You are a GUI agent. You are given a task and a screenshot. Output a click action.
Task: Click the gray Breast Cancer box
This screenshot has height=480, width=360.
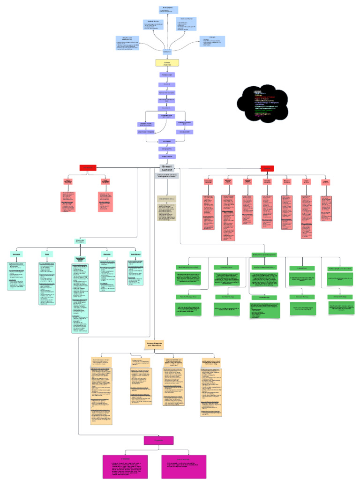coord(167,168)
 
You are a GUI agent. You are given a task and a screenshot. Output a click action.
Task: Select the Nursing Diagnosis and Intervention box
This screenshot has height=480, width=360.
coord(154,345)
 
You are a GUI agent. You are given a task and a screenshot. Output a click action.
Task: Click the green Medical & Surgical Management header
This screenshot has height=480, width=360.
coord(264,255)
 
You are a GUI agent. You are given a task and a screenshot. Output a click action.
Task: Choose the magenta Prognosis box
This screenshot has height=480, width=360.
coord(154,440)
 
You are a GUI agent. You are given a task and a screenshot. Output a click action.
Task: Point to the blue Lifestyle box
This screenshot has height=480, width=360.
coord(212,41)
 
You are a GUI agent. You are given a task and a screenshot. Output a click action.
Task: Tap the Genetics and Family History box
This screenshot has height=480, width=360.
coord(128,43)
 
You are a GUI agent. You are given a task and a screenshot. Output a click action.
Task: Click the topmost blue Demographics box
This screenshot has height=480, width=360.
coord(167,10)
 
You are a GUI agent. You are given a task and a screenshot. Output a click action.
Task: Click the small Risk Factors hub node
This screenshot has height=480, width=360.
coord(167,51)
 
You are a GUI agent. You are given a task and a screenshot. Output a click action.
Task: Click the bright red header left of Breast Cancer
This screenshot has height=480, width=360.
coord(88,168)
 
